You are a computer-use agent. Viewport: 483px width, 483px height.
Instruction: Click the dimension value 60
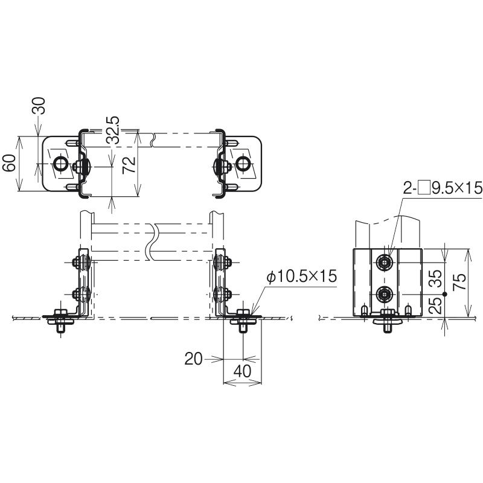point(9,162)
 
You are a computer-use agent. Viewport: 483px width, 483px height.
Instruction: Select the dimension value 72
point(129,165)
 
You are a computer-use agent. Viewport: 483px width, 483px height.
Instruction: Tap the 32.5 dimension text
point(112,130)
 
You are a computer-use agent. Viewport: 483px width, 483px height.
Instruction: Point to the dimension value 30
point(39,106)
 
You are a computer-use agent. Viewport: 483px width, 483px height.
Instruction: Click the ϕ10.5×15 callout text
point(302,277)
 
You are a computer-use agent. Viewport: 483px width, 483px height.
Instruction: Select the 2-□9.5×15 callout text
point(443,187)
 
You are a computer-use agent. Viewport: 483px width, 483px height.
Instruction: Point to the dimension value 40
point(243,371)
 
